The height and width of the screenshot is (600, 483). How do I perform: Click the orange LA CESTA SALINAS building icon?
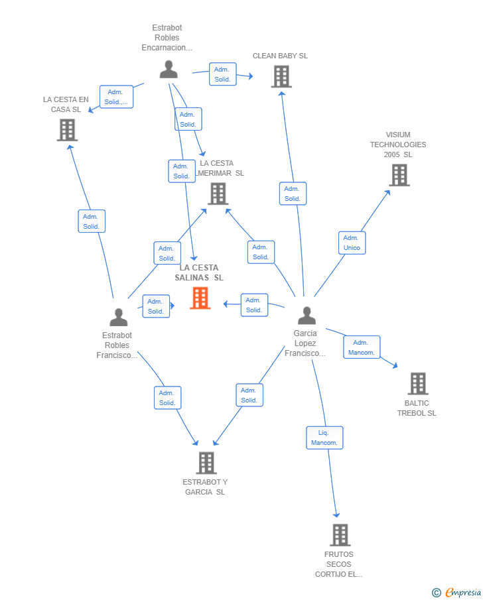tap(200, 298)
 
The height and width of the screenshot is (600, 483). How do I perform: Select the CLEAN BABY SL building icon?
tap(281, 77)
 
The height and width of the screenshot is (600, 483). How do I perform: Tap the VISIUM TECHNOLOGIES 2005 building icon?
tap(399, 175)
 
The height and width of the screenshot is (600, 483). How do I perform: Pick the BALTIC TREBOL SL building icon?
tap(417, 383)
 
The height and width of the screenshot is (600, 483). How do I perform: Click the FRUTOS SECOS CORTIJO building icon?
tap(340, 534)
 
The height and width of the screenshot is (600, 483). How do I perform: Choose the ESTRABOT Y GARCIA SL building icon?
tap(206, 463)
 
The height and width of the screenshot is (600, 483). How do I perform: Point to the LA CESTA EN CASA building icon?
tap(67, 130)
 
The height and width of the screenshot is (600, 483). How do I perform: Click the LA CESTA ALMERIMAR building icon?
tap(218, 194)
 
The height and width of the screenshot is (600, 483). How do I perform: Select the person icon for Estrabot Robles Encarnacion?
tap(169, 70)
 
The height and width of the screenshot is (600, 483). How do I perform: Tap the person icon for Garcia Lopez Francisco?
tap(306, 316)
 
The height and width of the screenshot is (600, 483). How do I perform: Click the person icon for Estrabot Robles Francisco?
tap(118, 318)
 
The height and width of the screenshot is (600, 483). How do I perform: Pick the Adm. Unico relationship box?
tap(352, 243)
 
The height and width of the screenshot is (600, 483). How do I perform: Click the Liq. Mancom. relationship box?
tap(324, 438)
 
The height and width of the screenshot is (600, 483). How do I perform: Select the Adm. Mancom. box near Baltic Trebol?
tap(362, 347)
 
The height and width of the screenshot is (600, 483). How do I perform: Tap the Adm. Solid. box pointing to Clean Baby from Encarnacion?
tap(222, 74)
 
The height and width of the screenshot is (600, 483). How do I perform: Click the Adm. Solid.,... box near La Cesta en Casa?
tap(116, 97)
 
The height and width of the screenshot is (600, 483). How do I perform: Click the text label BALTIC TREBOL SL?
tap(417, 408)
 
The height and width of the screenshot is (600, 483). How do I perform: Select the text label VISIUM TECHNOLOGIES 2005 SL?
tap(398, 145)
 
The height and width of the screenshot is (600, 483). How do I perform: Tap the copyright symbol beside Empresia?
tap(436, 593)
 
